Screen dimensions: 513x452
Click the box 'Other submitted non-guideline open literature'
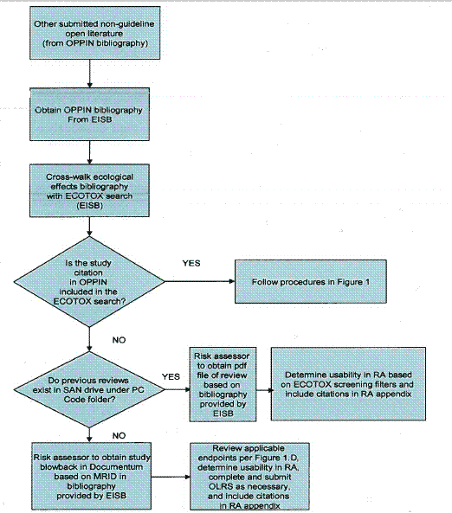point(90,37)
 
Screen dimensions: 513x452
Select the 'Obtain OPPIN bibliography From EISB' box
point(90,115)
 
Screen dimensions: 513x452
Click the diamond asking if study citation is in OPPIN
point(90,282)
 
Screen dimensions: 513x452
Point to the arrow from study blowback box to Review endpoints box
point(169,474)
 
